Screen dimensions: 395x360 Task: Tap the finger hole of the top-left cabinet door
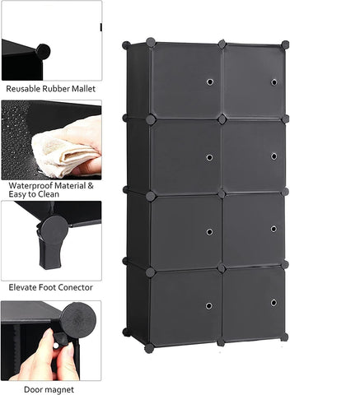[209, 83]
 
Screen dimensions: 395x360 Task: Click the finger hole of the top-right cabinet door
[274, 82]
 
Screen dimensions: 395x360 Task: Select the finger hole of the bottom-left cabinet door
[208, 305]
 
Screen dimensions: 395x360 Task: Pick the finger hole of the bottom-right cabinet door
[274, 302]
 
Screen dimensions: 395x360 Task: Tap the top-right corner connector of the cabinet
[285, 44]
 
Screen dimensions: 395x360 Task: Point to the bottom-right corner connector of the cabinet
[284, 336]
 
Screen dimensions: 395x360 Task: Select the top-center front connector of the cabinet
[222, 44]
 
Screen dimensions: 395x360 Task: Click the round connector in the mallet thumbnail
[43, 51]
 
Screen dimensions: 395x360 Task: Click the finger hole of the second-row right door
[274, 156]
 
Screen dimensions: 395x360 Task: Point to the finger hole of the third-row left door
[209, 232]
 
